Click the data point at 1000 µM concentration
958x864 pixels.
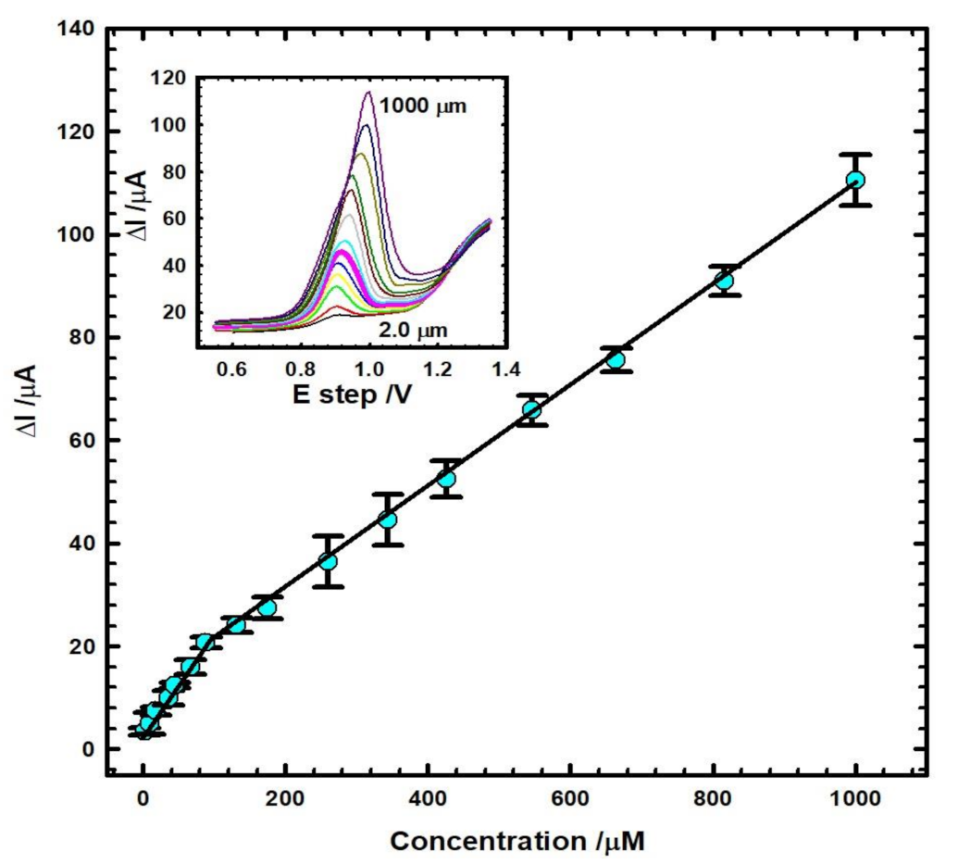point(855,180)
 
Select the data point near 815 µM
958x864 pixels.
point(724,281)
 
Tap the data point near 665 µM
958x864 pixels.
point(616,359)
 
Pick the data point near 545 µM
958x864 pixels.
point(531,409)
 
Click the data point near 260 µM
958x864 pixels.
point(328,561)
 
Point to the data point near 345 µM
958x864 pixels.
point(388,520)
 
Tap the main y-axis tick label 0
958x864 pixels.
point(87,749)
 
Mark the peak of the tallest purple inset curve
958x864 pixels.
point(368,92)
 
